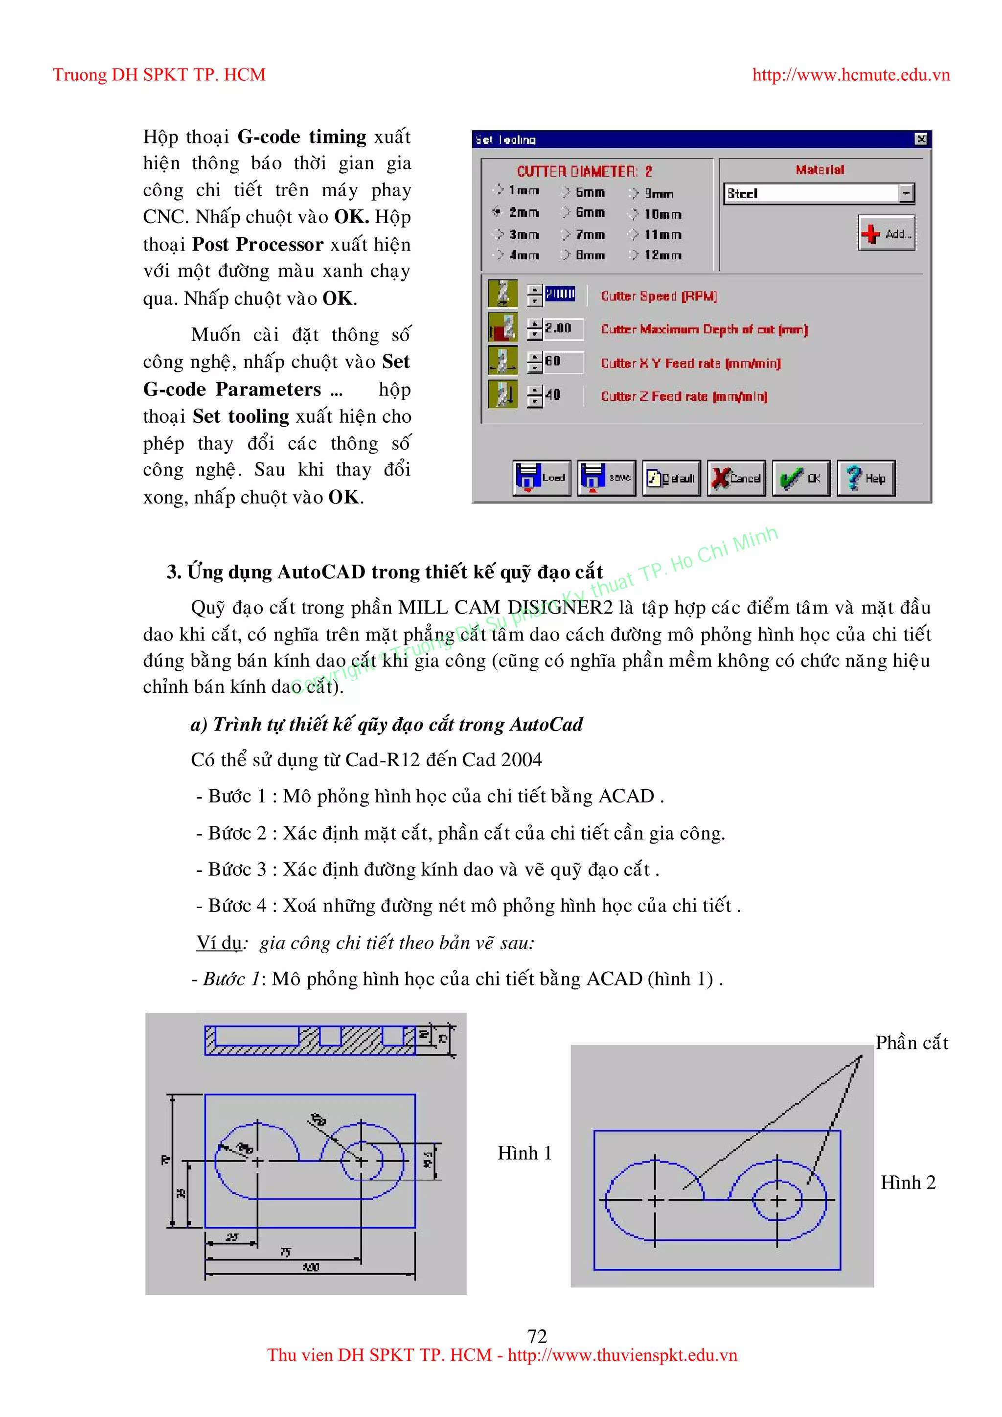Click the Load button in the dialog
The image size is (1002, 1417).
(x=541, y=478)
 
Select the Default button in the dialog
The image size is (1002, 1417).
(x=671, y=478)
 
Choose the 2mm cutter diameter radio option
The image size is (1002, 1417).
(x=497, y=212)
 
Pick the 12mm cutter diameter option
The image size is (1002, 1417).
(x=634, y=255)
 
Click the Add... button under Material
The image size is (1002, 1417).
(x=887, y=233)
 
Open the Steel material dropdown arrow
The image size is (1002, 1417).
(x=905, y=194)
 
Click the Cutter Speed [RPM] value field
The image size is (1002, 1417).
(x=560, y=295)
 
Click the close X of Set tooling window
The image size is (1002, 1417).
(x=921, y=139)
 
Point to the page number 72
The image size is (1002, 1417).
(x=537, y=1336)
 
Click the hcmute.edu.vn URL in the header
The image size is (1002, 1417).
(x=851, y=75)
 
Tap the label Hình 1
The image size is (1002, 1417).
(x=524, y=1153)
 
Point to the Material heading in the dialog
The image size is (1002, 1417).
(x=820, y=170)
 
